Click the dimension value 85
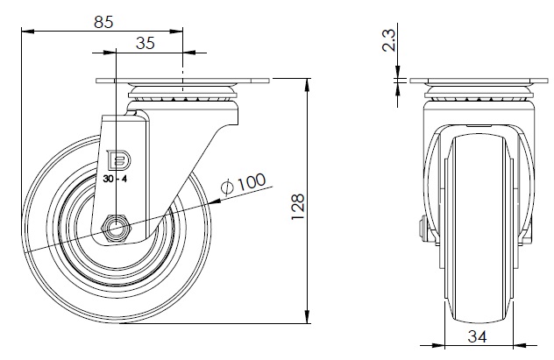tap(103, 23)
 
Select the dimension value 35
tap(146, 43)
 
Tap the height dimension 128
tap(298, 203)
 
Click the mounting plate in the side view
tap(181, 81)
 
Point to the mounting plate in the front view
tap(477, 81)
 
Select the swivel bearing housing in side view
tap(182, 95)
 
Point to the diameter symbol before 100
tap(226, 186)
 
